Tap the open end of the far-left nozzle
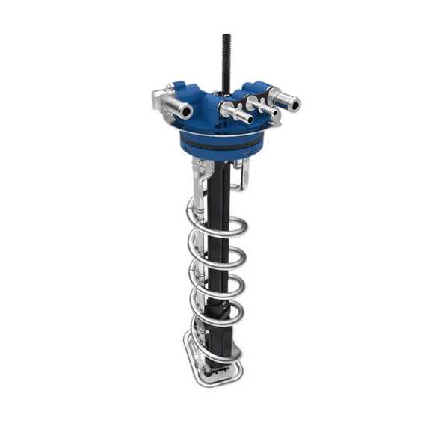(x=185, y=112)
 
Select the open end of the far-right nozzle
(x=294, y=103)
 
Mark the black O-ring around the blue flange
(x=221, y=142)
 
